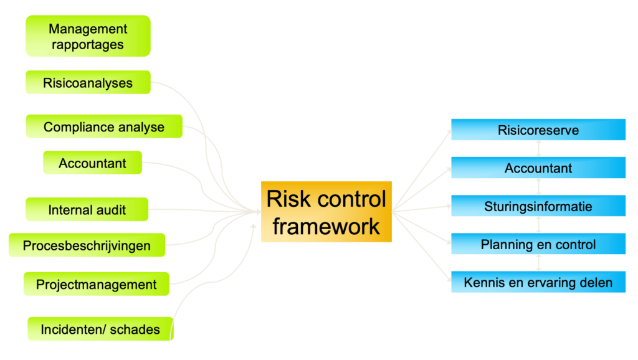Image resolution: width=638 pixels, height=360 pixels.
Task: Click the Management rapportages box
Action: [88, 36]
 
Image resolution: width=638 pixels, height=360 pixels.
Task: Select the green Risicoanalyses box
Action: [88, 83]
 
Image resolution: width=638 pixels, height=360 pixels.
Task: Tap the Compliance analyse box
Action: [104, 126]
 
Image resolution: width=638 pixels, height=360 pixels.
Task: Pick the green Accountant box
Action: [92, 163]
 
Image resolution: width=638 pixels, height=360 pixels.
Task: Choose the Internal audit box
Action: [87, 209]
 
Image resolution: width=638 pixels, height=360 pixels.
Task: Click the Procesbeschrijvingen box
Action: [87, 245]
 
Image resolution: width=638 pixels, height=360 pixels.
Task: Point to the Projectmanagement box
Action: [96, 284]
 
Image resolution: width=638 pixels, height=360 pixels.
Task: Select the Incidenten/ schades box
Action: [100, 329]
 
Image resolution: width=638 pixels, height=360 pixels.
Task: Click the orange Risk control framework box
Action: [326, 212]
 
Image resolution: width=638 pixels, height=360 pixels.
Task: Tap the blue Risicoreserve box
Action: [538, 130]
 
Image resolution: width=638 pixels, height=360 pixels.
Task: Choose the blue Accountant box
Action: [538, 168]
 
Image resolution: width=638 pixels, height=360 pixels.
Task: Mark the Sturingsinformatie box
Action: [538, 206]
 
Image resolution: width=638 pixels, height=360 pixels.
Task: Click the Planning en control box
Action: [538, 244]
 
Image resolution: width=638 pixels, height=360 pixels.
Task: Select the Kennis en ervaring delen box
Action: [538, 282]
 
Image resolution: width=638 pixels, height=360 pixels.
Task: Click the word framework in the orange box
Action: [326, 226]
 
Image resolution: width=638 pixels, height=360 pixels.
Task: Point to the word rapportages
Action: [87, 44]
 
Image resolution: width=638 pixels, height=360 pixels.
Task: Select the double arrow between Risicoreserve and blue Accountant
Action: [539, 149]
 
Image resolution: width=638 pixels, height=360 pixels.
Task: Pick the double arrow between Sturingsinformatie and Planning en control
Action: [539, 225]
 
